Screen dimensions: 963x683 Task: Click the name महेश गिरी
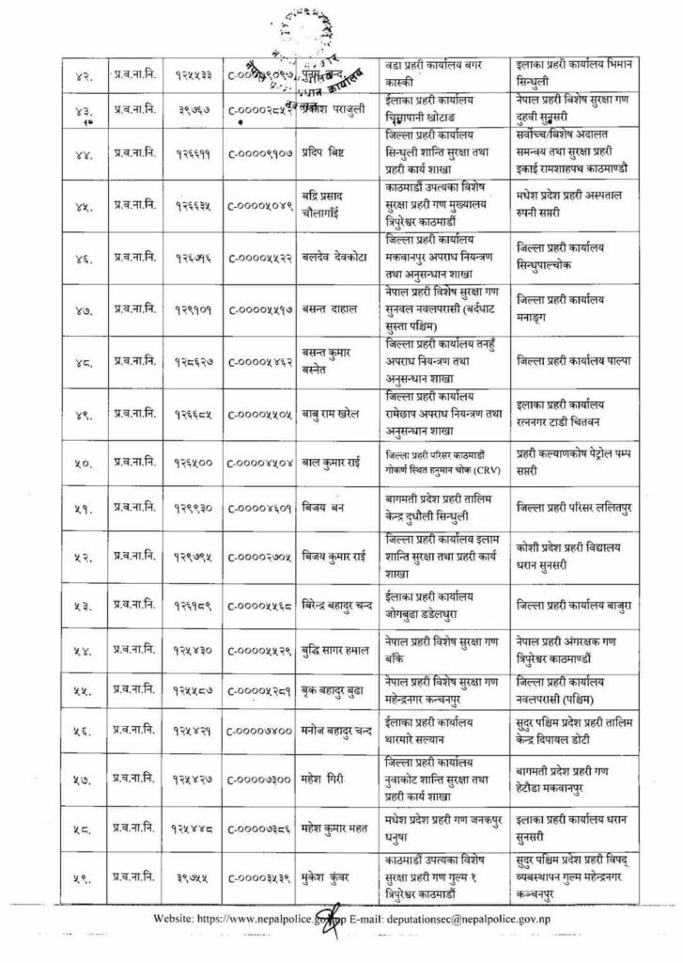[327, 780]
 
